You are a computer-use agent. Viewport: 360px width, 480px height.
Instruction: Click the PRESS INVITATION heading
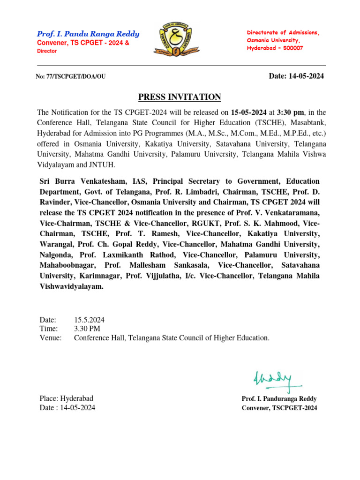pos(180,97)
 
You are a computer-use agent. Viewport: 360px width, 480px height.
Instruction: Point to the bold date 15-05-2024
pos(249,112)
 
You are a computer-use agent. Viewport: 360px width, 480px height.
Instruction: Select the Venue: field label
pos(51,337)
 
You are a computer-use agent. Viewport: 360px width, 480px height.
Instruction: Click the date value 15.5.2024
pos(89,320)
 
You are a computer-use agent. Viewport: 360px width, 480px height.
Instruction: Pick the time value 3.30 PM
pos(87,329)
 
